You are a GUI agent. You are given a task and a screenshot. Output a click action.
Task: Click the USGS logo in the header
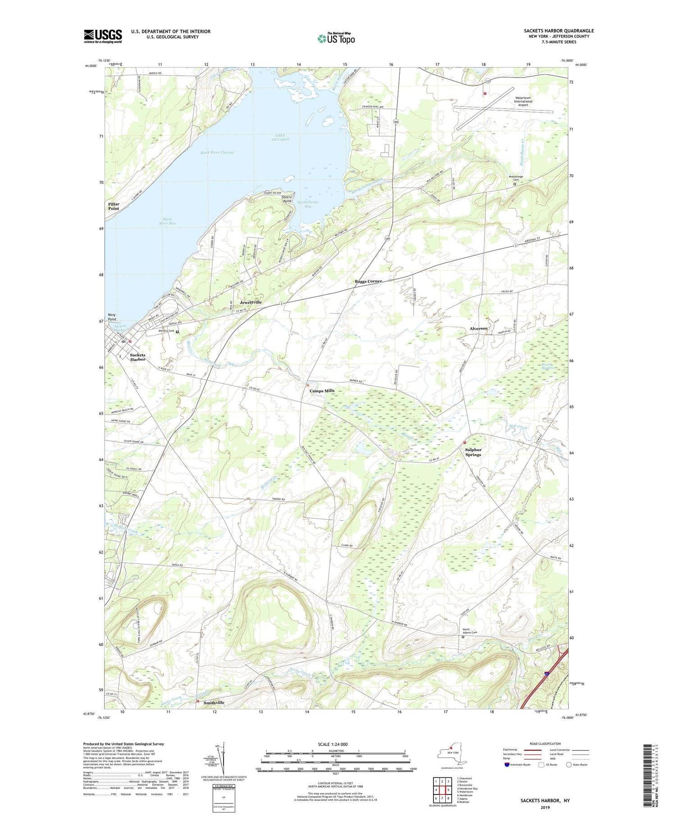103,36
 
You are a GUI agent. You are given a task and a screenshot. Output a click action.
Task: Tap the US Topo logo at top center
336,38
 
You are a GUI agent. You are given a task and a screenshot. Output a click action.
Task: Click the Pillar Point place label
114,206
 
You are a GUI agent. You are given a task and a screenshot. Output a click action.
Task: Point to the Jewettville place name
251,302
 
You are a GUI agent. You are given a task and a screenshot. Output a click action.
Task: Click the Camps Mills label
322,391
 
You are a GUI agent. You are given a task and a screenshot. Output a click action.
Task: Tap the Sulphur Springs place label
473,452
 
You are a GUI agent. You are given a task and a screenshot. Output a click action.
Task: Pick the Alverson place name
478,329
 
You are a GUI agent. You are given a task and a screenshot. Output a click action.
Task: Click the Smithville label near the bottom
214,703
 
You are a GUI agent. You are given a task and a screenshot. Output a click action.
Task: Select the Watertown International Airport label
523,101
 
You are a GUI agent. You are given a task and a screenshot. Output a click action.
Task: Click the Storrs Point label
287,199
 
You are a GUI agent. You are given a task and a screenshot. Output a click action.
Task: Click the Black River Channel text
217,152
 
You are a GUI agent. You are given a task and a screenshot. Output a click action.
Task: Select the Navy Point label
112,317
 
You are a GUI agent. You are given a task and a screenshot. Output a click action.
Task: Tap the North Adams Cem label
466,631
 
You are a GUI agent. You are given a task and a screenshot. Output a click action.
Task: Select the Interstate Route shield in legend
507,764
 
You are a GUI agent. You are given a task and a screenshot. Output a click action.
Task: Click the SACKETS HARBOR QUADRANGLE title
558,31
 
